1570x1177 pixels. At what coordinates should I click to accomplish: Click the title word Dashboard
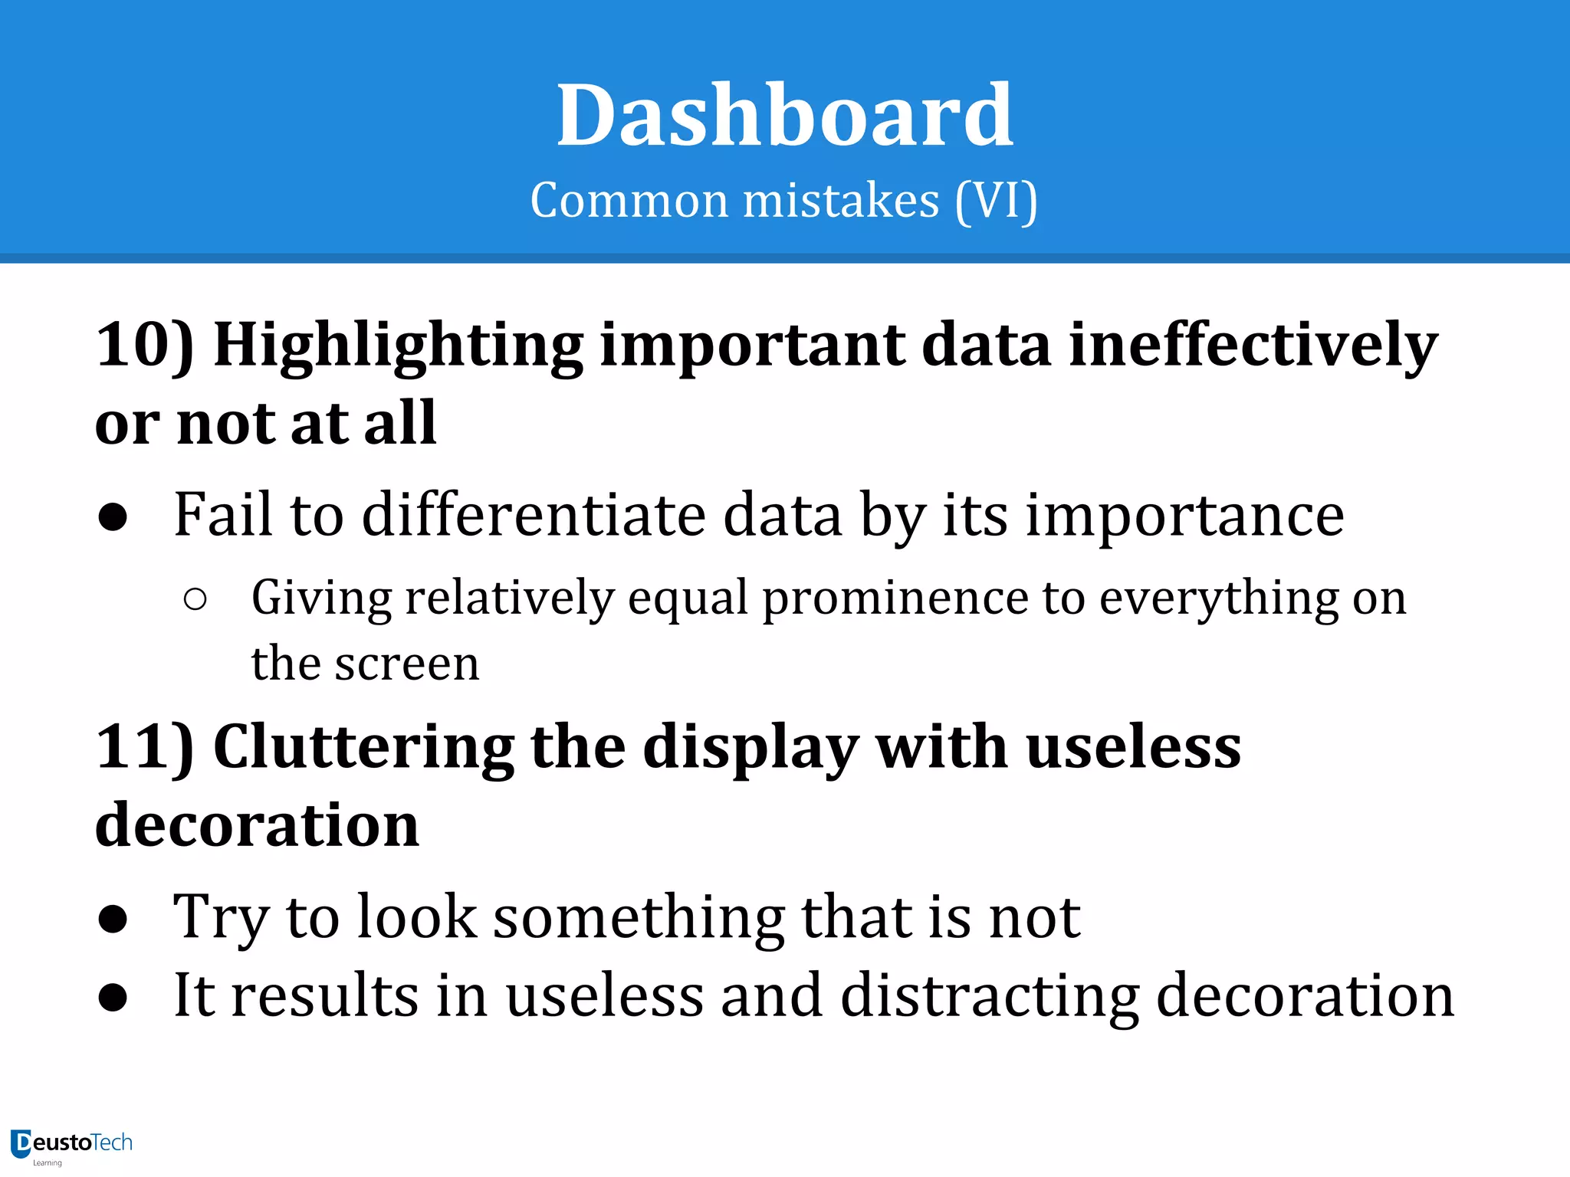[x=784, y=116]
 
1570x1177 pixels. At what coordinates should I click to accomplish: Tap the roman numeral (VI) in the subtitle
[x=997, y=202]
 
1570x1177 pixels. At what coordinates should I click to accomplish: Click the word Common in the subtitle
[x=629, y=202]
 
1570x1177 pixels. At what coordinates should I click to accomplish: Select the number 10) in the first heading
[x=145, y=345]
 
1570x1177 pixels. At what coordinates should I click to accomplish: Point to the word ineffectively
[x=1253, y=345]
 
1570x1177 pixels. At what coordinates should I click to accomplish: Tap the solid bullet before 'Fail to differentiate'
[x=113, y=518]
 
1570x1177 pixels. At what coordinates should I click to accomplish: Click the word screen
[x=407, y=664]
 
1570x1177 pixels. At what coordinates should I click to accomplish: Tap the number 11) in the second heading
[x=145, y=747]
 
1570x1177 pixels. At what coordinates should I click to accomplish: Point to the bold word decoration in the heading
[x=258, y=825]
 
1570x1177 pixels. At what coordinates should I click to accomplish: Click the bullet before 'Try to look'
[x=113, y=920]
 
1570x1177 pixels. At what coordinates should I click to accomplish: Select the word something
[x=638, y=918]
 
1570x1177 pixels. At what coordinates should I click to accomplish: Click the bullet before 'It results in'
[x=113, y=998]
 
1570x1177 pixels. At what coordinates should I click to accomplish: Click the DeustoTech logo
[x=71, y=1145]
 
